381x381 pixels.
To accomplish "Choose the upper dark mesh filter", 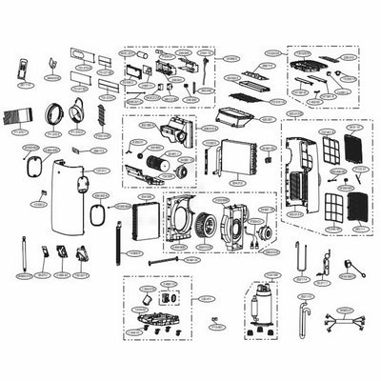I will (x=352, y=149).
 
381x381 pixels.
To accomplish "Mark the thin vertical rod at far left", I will (x=19, y=253).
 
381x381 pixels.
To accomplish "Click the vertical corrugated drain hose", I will (x=118, y=243).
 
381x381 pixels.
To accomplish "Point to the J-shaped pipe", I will (x=304, y=312).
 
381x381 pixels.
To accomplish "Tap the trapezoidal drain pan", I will (x=234, y=116).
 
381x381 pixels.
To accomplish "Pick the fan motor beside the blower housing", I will (x=259, y=233).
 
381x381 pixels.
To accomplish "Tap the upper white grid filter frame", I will (x=331, y=150).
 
